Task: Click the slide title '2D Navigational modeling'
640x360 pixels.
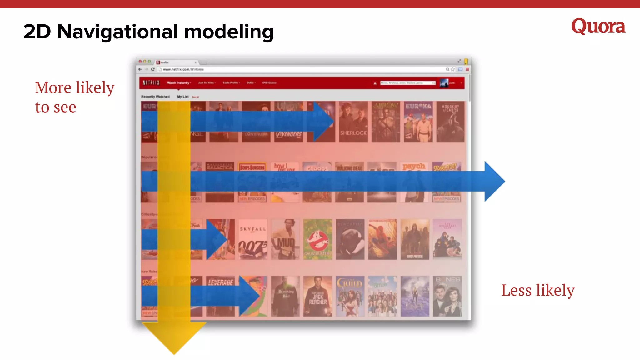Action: click(x=148, y=32)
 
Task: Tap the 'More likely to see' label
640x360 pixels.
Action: click(x=74, y=97)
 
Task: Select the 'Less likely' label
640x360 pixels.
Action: click(x=538, y=290)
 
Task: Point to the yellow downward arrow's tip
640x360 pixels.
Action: click(x=174, y=354)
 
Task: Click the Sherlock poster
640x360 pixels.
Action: click(x=353, y=122)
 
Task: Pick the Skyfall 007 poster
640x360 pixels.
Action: click(x=253, y=239)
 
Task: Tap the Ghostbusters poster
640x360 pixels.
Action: click(x=317, y=239)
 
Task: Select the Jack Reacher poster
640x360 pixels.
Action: click(x=317, y=296)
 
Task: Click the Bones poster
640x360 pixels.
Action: click(x=447, y=296)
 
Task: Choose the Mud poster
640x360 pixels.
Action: click(x=285, y=239)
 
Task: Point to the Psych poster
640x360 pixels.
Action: click(x=414, y=182)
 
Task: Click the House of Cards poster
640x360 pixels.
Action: click(x=450, y=122)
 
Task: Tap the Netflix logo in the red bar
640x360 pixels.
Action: click(x=151, y=83)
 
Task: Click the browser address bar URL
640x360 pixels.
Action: click(x=183, y=69)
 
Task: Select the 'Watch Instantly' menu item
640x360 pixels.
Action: click(x=178, y=83)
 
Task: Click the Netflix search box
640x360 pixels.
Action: click(x=407, y=83)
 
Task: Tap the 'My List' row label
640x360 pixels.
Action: click(x=183, y=97)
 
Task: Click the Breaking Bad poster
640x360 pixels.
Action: click(x=285, y=296)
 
